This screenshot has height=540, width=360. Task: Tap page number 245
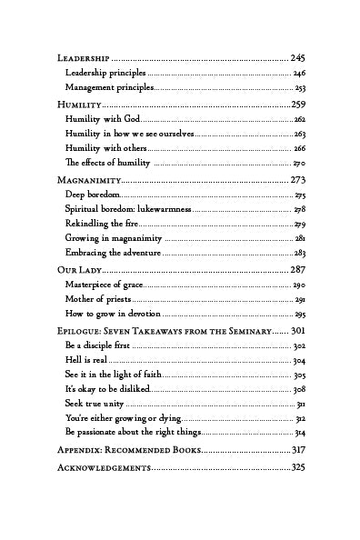point(298,57)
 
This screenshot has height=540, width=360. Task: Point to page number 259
point(298,105)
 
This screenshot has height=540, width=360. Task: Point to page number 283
point(299,253)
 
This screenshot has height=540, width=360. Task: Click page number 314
point(299,433)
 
